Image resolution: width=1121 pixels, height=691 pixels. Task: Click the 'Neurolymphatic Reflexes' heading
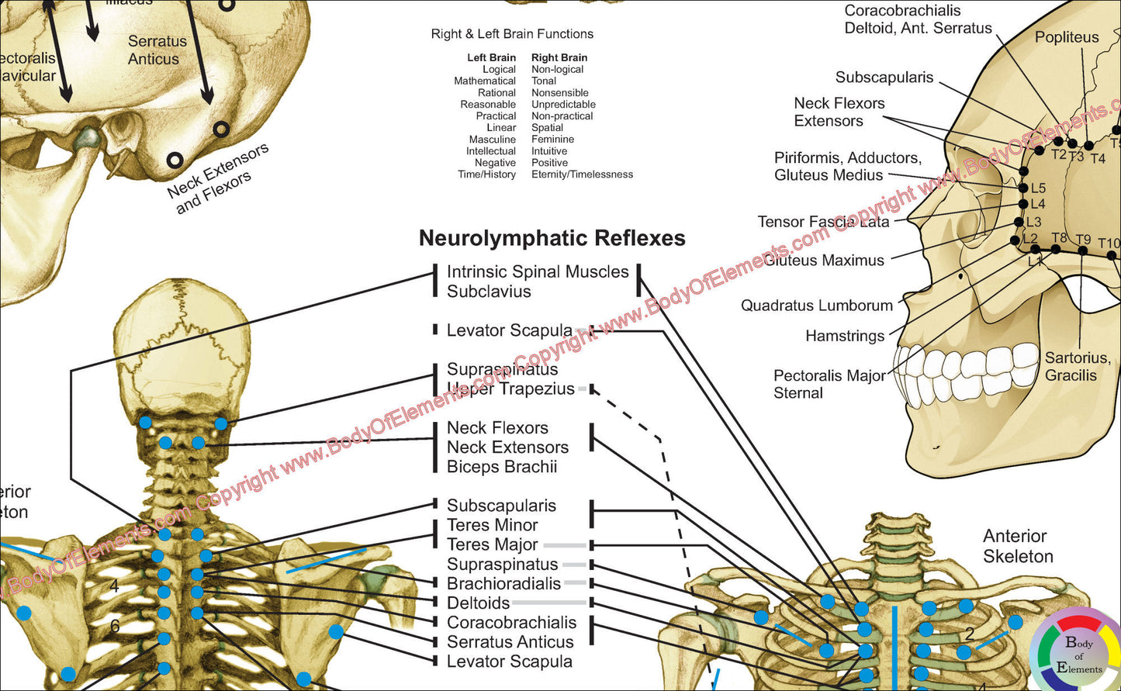click(x=552, y=238)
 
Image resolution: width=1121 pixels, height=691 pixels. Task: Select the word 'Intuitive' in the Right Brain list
click(x=549, y=151)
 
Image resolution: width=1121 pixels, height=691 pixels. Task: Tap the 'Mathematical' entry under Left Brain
click(x=485, y=81)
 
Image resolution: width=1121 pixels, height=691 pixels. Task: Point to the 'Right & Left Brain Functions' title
click(x=512, y=34)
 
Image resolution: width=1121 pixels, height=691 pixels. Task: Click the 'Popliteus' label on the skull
click(x=1067, y=37)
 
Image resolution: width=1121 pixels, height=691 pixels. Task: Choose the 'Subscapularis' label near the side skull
click(x=884, y=78)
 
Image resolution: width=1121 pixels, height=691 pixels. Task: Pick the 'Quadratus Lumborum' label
click(x=817, y=306)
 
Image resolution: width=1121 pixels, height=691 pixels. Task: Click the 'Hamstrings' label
click(x=845, y=336)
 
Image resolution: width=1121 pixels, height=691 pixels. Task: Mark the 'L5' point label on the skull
click(x=1038, y=188)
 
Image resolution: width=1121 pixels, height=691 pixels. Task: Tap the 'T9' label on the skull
click(x=1083, y=240)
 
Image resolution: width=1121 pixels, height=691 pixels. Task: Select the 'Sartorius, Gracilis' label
click(x=1077, y=366)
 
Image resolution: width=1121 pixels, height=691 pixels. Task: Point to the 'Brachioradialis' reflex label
click(x=503, y=584)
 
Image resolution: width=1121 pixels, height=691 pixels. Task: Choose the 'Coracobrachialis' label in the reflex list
click(x=511, y=623)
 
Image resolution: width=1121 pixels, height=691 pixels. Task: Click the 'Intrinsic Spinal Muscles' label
click(x=538, y=272)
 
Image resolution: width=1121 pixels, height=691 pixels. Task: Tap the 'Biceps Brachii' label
click(x=502, y=467)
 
